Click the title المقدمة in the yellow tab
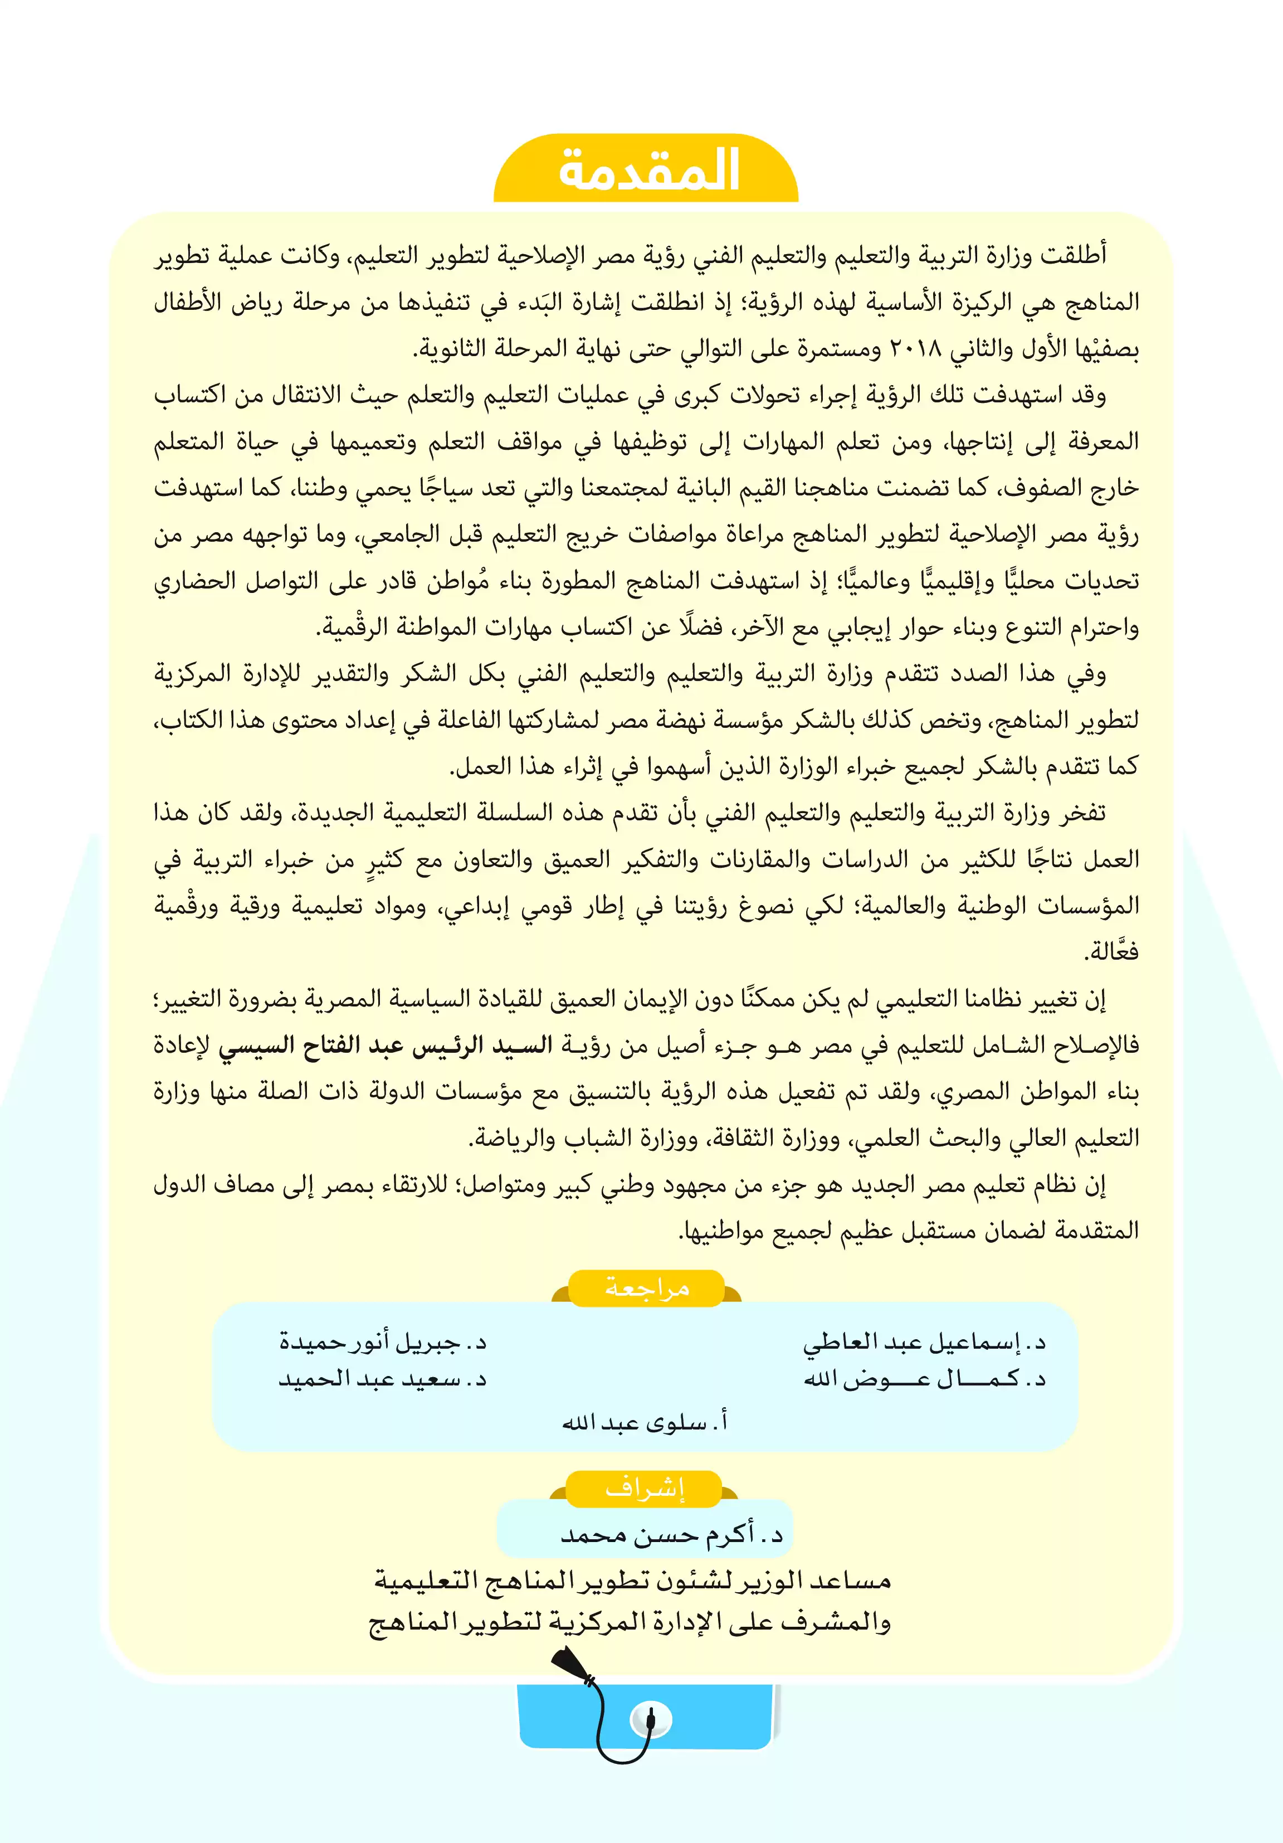pyautogui.click(x=648, y=169)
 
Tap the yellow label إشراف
pyautogui.click(x=645, y=1488)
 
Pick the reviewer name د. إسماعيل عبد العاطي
pyautogui.click(x=924, y=1341)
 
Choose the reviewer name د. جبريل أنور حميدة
pyautogui.click(x=383, y=1341)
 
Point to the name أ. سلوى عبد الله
pyautogui.click(x=645, y=1422)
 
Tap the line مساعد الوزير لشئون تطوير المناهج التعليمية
pyautogui.click(x=632, y=1581)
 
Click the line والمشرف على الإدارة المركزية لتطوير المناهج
pyautogui.click(x=630, y=1622)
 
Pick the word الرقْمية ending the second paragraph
pyautogui.click(x=347, y=628)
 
